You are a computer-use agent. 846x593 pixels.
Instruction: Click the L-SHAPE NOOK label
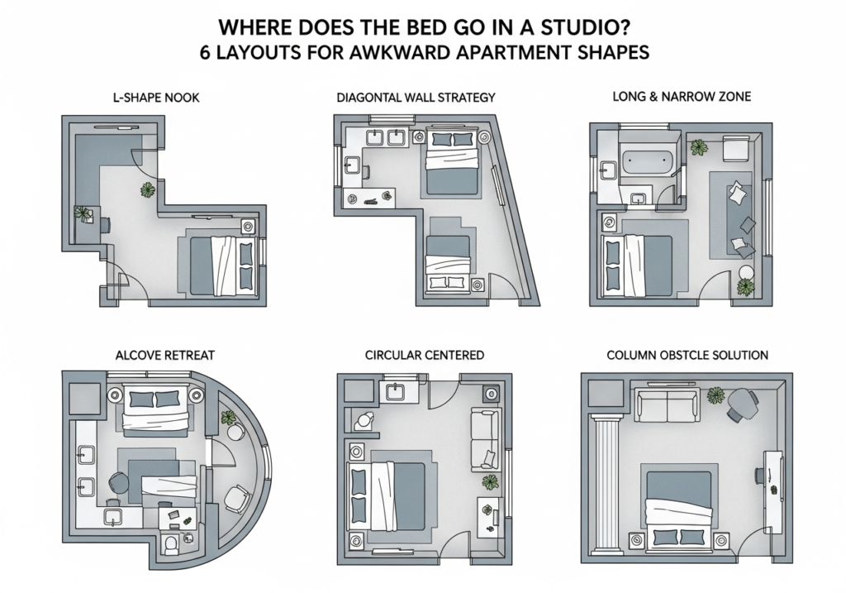156,98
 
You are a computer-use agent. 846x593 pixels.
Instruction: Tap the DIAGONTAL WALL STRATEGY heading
416,98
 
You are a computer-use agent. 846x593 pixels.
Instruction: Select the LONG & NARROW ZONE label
682,97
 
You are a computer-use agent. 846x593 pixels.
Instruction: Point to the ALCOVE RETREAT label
165,356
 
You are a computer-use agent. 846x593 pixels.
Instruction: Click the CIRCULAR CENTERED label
424,356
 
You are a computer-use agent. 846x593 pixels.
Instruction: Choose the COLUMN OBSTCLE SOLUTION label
687,356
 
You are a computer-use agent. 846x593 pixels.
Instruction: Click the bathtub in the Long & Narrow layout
648,160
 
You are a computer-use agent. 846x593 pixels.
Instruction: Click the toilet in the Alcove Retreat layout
171,543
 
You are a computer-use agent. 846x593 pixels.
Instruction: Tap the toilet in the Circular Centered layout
364,420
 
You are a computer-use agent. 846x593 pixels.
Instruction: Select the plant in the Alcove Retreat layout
228,417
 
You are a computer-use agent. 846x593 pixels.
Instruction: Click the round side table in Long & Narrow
746,272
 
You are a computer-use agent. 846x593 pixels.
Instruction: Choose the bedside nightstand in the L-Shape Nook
248,227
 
